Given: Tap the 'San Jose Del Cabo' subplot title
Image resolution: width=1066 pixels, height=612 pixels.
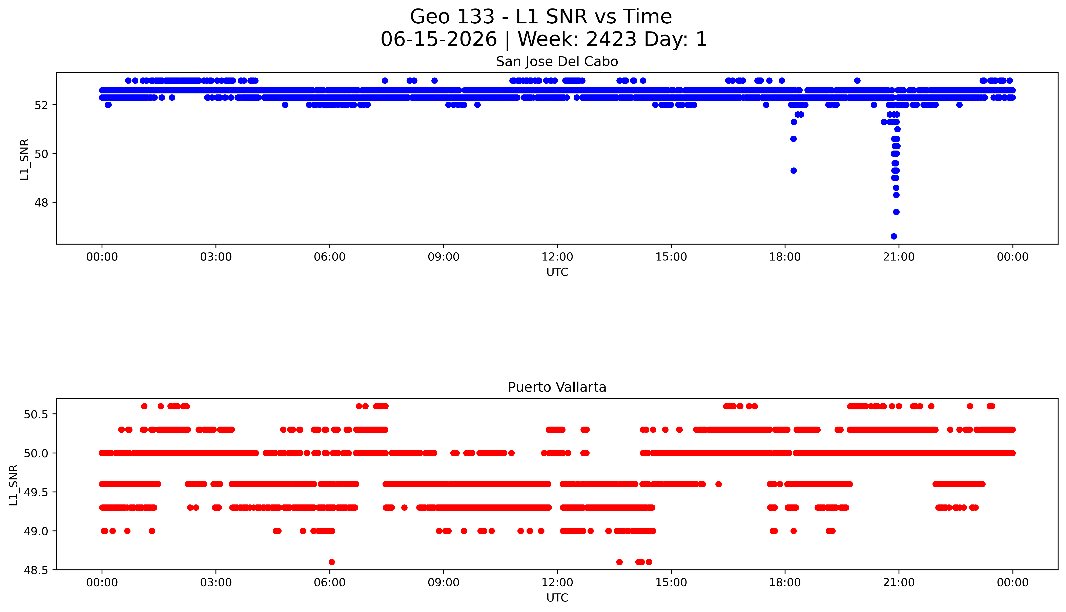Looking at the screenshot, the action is [557, 62].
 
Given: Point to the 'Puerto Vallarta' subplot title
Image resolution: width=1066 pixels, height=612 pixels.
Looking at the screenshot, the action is [557, 387].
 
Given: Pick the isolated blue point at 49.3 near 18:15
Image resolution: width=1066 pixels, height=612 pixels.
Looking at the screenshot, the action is [793, 171].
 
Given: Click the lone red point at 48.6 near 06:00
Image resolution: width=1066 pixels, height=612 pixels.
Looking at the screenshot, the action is [331, 562].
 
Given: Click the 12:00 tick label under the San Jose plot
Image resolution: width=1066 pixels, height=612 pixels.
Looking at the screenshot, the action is [557, 257].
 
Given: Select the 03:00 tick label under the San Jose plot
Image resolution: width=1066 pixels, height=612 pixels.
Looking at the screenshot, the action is [216, 257].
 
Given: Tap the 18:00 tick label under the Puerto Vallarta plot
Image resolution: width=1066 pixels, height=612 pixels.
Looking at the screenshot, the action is [785, 583].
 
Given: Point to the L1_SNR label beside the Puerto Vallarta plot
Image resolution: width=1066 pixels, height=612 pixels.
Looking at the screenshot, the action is [14, 485].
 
